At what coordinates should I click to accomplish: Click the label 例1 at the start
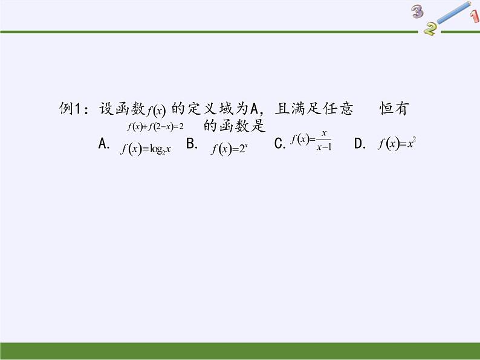(x=70, y=109)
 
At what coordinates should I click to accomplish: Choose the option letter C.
(x=279, y=144)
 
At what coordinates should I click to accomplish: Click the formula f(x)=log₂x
(x=146, y=149)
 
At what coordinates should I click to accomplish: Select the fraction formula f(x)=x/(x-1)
(x=311, y=140)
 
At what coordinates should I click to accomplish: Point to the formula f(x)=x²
(x=397, y=144)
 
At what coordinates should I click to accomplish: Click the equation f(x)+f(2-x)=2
(x=155, y=126)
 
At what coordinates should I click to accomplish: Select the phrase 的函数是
(x=235, y=126)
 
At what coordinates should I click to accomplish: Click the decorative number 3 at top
(x=417, y=11)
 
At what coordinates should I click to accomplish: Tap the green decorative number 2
(x=430, y=28)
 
